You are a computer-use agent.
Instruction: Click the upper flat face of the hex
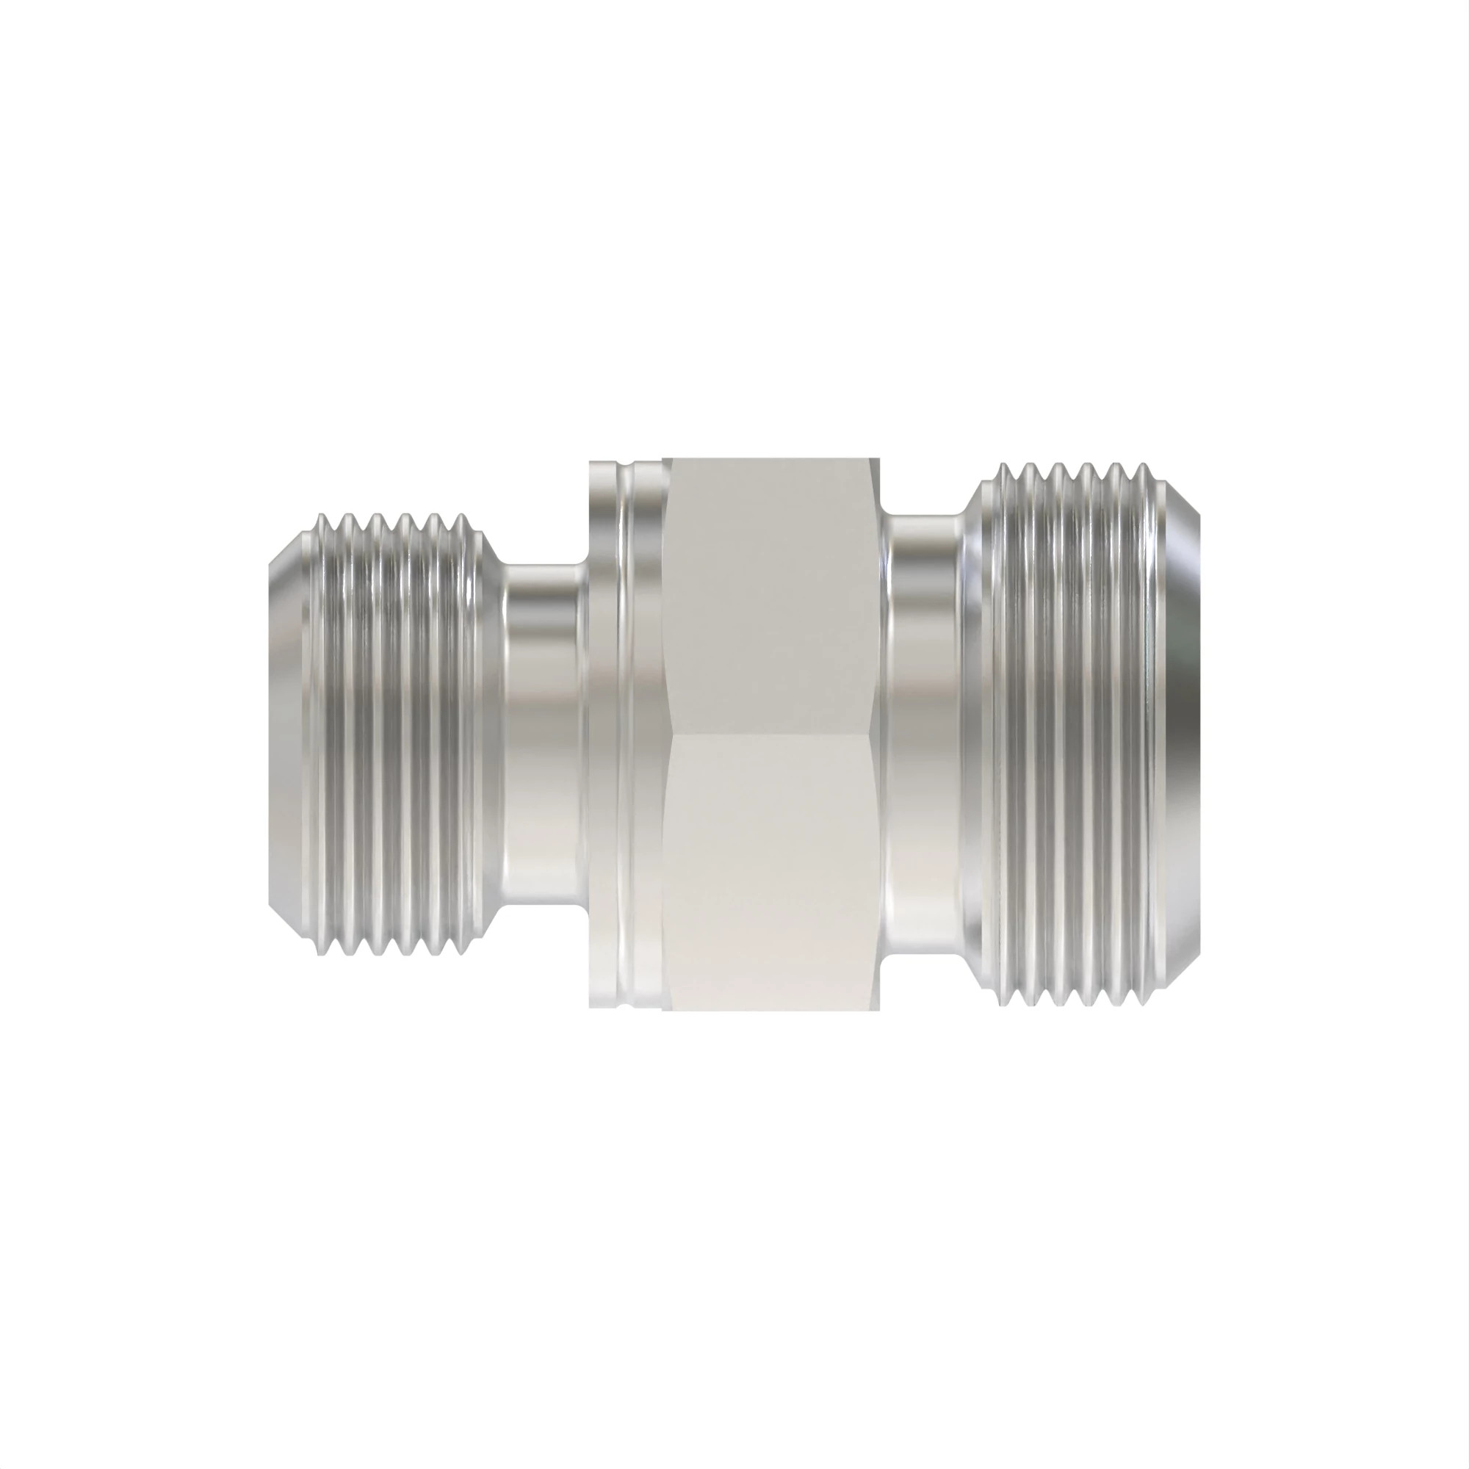click(772, 593)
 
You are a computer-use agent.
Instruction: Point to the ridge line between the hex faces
click(772, 734)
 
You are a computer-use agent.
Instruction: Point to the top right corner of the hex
click(881, 458)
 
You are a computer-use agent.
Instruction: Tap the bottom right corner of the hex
click(881, 1011)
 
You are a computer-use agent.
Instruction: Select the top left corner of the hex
click(663, 458)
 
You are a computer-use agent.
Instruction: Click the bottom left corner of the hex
click(663, 1011)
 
